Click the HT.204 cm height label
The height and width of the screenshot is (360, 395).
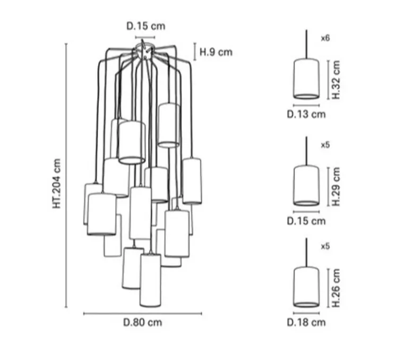(x=57, y=183)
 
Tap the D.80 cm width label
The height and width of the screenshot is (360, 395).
(x=143, y=322)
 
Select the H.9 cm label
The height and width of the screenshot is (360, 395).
(x=216, y=52)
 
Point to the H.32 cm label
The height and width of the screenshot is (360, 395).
(x=336, y=80)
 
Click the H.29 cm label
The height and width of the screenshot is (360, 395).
(x=336, y=186)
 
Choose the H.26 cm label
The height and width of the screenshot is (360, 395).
(x=336, y=288)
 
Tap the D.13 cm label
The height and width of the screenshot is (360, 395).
(x=306, y=114)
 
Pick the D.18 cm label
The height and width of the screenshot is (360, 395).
(x=306, y=322)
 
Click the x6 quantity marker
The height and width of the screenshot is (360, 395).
(x=325, y=38)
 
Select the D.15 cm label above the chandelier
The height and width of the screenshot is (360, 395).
(x=145, y=26)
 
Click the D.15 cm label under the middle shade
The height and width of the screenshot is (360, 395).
(x=306, y=221)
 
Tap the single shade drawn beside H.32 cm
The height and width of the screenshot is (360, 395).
(x=306, y=79)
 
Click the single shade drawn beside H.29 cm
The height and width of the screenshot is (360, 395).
(x=306, y=185)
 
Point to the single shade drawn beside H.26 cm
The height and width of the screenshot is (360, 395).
(x=306, y=287)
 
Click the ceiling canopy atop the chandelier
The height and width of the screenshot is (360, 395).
(x=144, y=51)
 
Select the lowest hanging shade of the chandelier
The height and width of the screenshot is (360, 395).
(x=150, y=280)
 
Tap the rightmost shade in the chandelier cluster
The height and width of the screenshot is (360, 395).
(x=192, y=181)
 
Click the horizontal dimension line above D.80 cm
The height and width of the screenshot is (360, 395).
(x=143, y=314)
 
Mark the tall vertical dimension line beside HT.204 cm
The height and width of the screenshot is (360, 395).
(x=66, y=176)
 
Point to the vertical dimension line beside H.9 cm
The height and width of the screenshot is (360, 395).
(x=195, y=52)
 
